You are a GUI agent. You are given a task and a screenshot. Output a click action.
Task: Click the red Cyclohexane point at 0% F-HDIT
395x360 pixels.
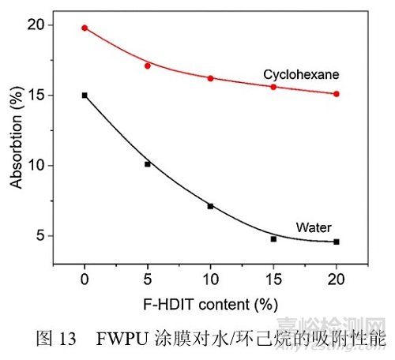[85, 28]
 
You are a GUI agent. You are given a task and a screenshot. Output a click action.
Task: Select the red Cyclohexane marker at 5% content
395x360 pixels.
[148, 66]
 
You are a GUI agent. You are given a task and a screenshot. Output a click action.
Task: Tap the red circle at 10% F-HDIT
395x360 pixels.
[210, 78]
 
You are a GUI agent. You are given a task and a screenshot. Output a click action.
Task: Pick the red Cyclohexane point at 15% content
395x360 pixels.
[273, 87]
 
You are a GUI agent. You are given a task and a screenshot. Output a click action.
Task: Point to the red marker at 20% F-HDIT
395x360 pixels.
[337, 94]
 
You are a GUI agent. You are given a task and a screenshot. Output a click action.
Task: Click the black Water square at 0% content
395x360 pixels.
[85, 95]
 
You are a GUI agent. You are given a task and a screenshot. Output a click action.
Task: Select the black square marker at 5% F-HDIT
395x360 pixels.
[148, 164]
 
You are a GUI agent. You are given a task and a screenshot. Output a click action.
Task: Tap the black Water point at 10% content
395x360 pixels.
[210, 206]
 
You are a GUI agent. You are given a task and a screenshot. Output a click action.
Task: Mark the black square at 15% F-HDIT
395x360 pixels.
[273, 238]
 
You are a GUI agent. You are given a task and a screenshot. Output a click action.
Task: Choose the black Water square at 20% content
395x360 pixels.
[337, 242]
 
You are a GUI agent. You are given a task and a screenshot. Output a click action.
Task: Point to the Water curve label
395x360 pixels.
[314, 227]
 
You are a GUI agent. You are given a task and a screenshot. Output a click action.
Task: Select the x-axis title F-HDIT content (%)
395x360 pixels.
[210, 304]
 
